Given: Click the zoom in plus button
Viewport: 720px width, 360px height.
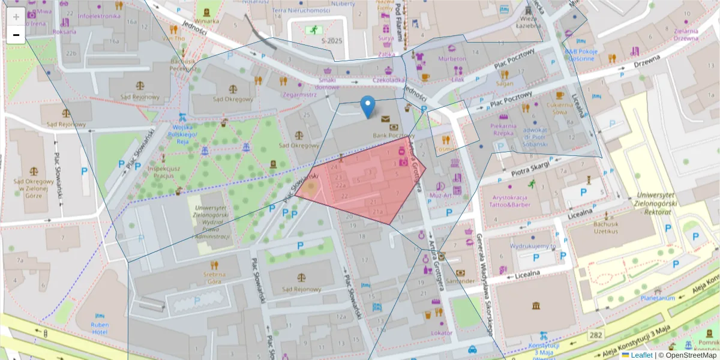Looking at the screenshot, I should pos(16,16).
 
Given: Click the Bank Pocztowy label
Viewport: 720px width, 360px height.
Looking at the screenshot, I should pos(394,136).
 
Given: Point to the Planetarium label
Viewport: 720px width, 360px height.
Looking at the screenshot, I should pos(658,298).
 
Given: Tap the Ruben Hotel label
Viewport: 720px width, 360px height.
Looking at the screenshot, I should pos(100,328).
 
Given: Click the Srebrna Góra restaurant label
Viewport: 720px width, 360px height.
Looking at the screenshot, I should pos(214,277).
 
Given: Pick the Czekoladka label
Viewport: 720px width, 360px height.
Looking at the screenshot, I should pos(389,80).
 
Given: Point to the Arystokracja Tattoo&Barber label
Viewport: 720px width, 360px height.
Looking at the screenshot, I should pos(509,201).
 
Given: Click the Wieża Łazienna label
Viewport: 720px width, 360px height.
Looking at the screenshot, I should pos(528,22).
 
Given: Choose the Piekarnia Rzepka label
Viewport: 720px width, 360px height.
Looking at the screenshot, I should pos(503,130).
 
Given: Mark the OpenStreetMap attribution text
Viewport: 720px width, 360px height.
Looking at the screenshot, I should pos(688,355).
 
